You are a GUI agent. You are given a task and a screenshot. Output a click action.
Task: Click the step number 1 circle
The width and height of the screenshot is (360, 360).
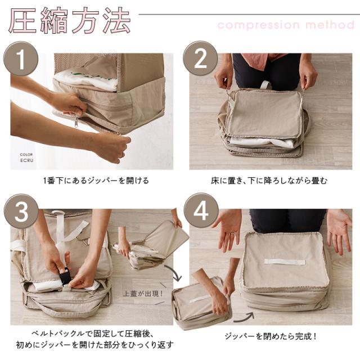pyautogui.click(x=21, y=58)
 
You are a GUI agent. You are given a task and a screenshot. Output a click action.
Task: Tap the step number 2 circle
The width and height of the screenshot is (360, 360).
pyautogui.click(x=200, y=58)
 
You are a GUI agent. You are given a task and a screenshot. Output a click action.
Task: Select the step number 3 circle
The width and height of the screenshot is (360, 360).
pyautogui.click(x=21, y=211)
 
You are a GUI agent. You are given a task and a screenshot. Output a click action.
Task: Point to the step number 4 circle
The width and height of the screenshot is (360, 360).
pyautogui.click(x=201, y=210)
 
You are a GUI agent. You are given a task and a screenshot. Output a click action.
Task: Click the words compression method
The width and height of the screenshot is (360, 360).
pyautogui.click(x=286, y=25)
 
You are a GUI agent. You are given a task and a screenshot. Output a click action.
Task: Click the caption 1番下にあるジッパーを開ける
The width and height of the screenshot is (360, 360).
pyautogui.click(x=96, y=181)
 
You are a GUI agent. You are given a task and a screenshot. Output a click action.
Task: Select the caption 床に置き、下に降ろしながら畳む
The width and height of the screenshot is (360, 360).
pyautogui.click(x=269, y=181)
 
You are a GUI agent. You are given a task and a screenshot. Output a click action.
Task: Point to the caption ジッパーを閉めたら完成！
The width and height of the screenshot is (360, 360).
pyautogui.click(x=271, y=336)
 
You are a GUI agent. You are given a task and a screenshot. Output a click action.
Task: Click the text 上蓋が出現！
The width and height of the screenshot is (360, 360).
pyautogui.click(x=143, y=294)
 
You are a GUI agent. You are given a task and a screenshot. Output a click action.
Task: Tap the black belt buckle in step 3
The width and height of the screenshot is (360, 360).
pyautogui.click(x=65, y=277)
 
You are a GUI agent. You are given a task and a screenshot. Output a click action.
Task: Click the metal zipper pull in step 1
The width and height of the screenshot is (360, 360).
pyautogui.click(x=76, y=123)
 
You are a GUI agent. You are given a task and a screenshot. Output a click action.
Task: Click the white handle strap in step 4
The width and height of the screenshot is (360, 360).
pyautogui.click(x=285, y=262)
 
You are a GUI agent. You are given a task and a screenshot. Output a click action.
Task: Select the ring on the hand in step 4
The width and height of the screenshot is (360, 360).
pyautogui.click(x=233, y=233)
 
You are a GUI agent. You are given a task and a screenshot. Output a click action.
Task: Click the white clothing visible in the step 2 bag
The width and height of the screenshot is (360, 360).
pyautogui.click(x=262, y=142)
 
